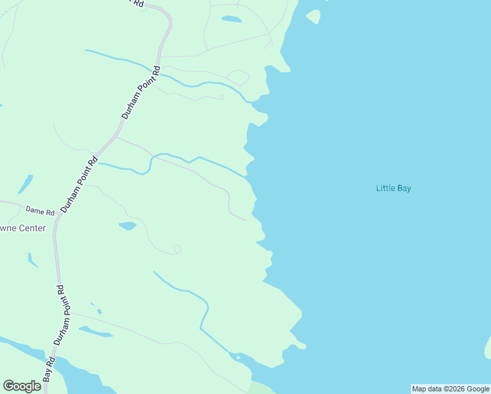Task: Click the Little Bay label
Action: tap(393, 188)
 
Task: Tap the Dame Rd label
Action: tap(40, 211)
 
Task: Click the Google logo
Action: tap(22, 386)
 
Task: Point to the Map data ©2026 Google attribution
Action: tap(451, 389)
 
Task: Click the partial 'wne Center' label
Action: tap(23, 229)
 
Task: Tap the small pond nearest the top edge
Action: tap(231, 19)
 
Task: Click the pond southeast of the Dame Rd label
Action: tap(127, 226)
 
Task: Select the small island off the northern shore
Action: tap(313, 16)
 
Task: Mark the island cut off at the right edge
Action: tap(488, 347)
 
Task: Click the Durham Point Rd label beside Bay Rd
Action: tap(60, 315)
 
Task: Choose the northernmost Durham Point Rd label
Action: tap(140, 91)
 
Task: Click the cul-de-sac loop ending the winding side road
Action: tap(176, 249)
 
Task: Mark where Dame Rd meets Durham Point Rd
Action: tap(58, 216)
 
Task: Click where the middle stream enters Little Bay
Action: tap(246, 176)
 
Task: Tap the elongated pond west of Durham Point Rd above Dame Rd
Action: tap(25, 185)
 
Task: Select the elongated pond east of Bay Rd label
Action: tap(96, 332)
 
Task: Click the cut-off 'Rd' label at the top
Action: tap(138, 3)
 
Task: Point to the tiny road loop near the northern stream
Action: tap(221, 98)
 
